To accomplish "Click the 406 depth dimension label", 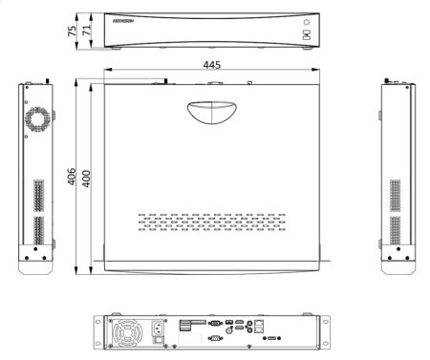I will click(x=72, y=178).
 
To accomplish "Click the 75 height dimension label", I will click(x=73, y=29).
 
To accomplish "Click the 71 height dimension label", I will click(x=87, y=29).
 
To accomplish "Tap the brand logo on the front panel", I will click(x=125, y=18).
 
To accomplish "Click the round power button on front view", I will click(x=307, y=21).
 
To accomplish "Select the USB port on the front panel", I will click(x=306, y=35).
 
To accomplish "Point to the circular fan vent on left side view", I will click(x=39, y=118).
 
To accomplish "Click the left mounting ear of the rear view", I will click(x=97, y=329).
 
